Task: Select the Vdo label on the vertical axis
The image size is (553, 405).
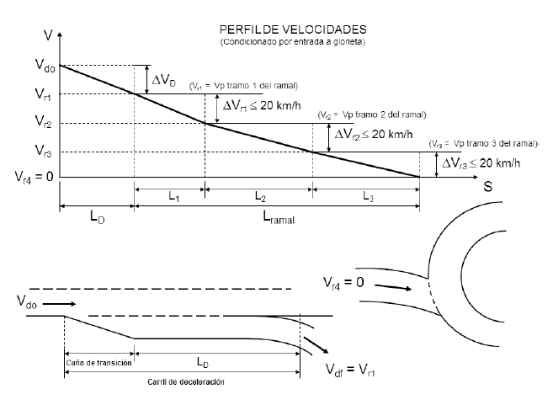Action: coord(45,66)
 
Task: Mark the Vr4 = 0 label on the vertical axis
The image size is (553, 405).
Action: coord(33,178)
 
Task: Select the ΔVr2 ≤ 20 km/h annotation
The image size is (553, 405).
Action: coord(374,135)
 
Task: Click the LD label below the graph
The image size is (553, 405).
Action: coord(96,216)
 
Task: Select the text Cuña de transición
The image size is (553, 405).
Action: coord(98,362)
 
